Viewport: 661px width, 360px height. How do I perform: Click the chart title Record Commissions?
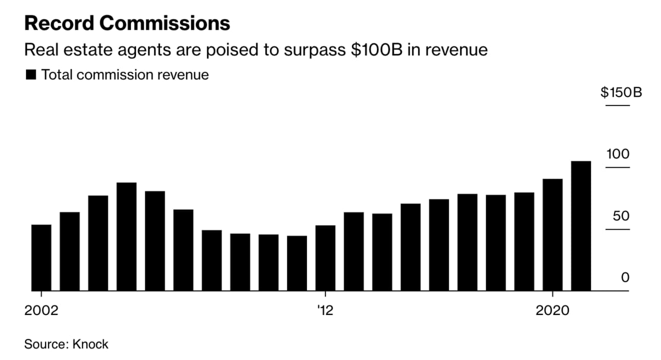tap(127, 24)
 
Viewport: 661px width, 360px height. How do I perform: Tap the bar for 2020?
tap(553, 235)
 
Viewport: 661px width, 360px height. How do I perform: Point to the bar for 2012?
tap(325, 258)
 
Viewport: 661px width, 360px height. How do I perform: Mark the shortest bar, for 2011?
tap(297, 263)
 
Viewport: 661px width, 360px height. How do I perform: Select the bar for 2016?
tap(439, 245)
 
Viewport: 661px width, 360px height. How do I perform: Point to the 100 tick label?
tap(618, 154)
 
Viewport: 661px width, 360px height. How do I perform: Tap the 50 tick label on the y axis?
tap(621, 216)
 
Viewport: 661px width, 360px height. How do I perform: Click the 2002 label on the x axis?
tap(41, 311)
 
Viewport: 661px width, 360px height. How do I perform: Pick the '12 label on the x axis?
tap(325, 311)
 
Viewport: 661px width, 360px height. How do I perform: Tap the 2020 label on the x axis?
tap(553, 311)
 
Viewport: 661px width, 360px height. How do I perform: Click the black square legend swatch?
tap(31, 75)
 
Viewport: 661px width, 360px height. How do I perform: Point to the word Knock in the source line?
tap(90, 344)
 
